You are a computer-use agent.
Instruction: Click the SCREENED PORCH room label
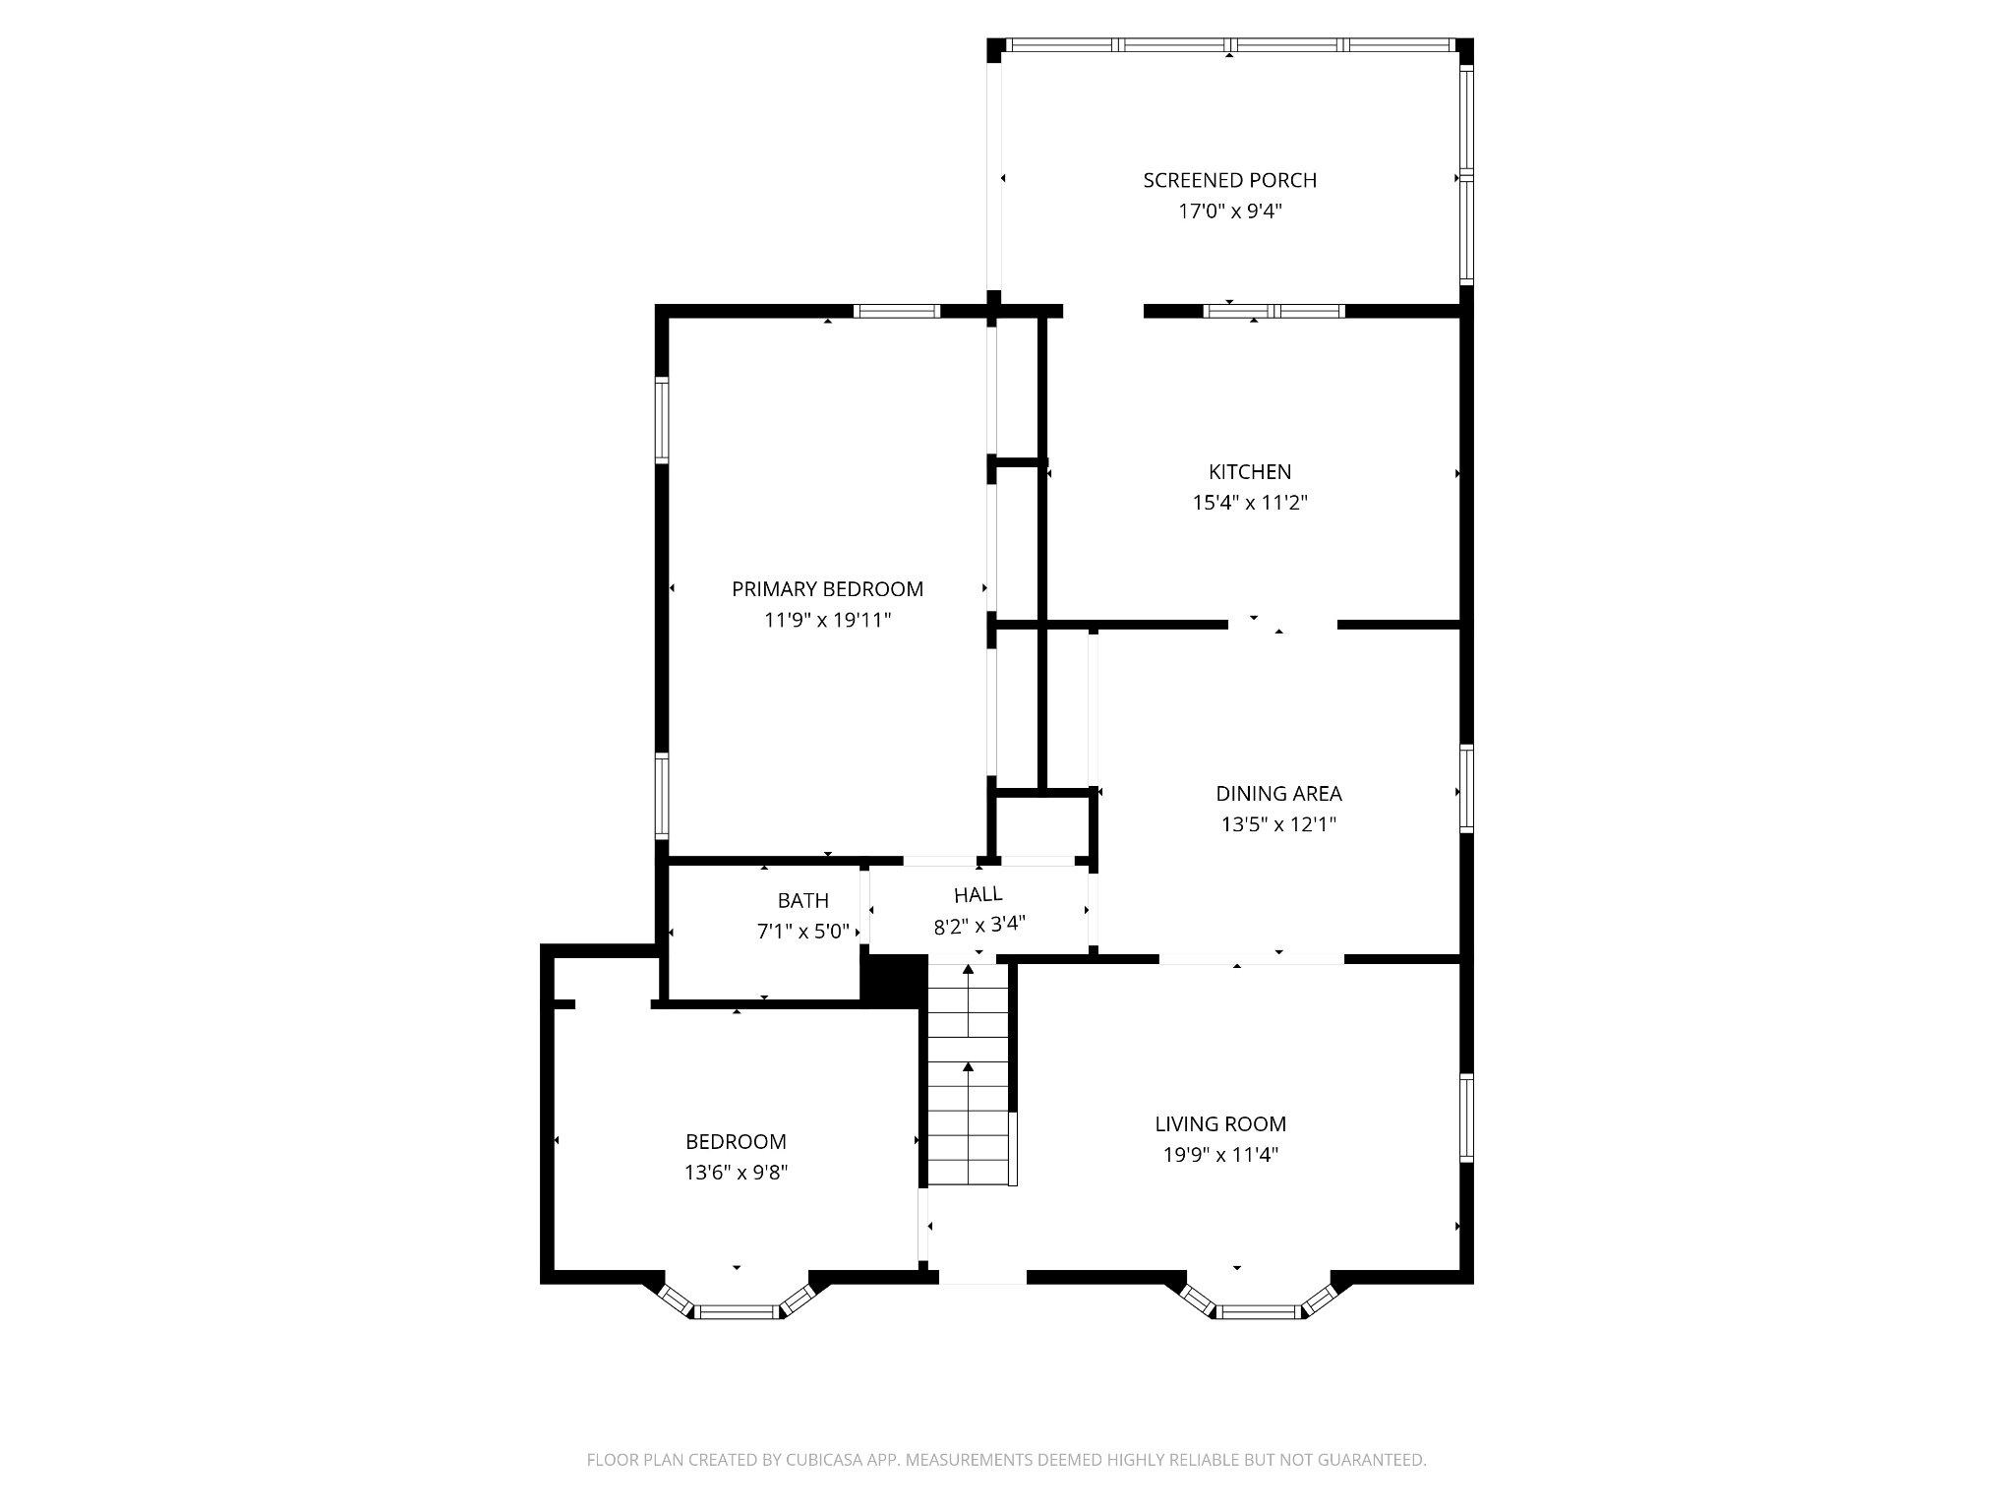(1229, 180)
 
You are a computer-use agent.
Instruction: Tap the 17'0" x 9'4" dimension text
(1229, 211)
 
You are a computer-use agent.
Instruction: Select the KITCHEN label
(1249, 471)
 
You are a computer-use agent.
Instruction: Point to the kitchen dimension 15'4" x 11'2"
(1249, 503)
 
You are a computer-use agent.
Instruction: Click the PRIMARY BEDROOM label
(827, 588)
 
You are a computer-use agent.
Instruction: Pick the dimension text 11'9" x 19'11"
(827, 620)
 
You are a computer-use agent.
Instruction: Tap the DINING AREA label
(1278, 793)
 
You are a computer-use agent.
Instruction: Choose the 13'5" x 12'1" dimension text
(1278, 824)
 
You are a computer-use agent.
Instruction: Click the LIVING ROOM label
(1220, 1123)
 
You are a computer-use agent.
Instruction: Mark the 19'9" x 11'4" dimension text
(1220, 1155)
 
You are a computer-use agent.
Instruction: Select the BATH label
(802, 900)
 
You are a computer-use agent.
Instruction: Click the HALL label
(977, 894)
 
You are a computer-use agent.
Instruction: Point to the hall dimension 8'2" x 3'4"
(979, 926)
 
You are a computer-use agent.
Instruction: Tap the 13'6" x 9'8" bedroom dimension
(736, 1173)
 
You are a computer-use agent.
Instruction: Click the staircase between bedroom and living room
(969, 1077)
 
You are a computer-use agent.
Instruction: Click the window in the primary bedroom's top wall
(896, 311)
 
